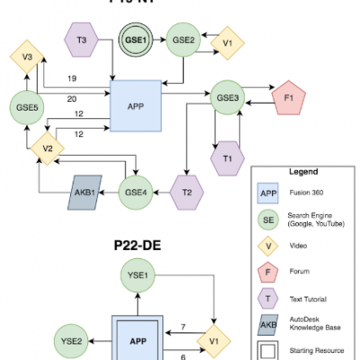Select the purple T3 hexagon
pos(82,40)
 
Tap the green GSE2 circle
pos(184,40)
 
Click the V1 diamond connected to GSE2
pos(228,40)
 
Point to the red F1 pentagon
pos(289,95)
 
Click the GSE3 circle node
pos(226,96)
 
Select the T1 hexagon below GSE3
pos(226,156)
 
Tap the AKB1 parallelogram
pos(84,191)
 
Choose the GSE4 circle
pos(136,191)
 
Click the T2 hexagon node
pos(186,191)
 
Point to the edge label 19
pos(71,79)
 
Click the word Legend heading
pos(302,171)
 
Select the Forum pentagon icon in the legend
pos(267,266)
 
